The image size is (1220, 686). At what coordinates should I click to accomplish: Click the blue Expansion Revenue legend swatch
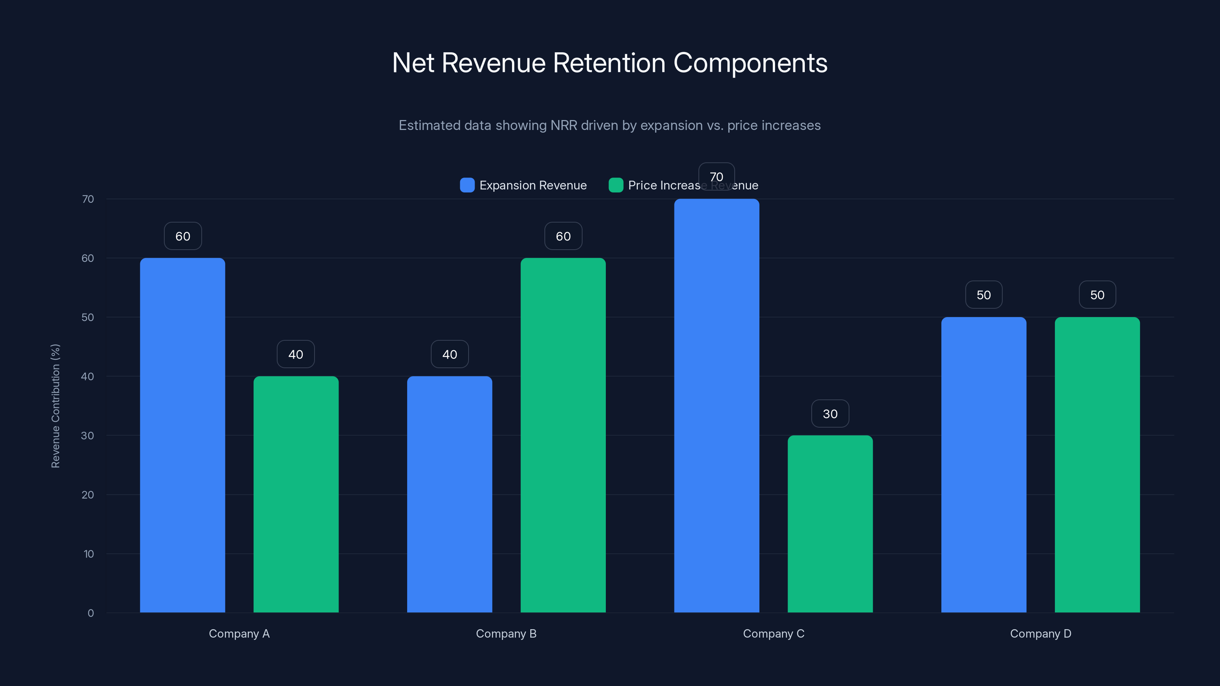pos(467,185)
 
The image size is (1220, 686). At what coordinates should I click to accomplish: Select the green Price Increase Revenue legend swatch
pos(616,185)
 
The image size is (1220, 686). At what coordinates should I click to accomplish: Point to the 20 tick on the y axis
pos(88,495)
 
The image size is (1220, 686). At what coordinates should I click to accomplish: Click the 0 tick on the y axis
pos(90,613)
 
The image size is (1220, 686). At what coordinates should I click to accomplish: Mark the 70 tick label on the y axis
pos(88,199)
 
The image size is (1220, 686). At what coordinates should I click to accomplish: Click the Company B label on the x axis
pos(506,633)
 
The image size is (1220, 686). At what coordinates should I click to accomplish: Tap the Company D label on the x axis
pos(1040,633)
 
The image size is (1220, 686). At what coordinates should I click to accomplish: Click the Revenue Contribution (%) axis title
pos(55,406)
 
